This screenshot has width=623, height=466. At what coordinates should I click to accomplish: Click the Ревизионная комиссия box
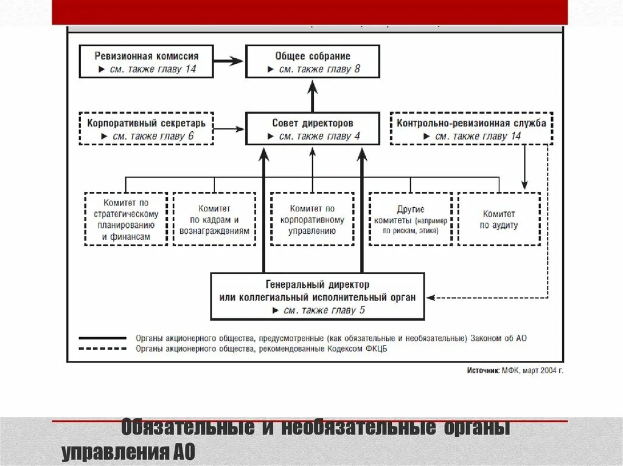click(146, 61)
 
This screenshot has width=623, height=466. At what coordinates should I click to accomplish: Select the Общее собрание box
click(313, 61)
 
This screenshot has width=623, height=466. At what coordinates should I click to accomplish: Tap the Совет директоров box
click(313, 128)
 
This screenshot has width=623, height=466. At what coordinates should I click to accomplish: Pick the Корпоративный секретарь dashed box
click(146, 128)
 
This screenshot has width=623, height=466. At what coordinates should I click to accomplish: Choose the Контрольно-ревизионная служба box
click(471, 128)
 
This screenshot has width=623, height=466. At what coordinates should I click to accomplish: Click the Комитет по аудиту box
click(499, 219)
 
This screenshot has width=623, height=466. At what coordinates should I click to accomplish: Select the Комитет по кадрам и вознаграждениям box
click(214, 219)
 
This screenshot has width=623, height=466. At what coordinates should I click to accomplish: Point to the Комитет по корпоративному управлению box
click(312, 219)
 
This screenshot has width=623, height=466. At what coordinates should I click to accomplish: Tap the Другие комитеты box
click(410, 219)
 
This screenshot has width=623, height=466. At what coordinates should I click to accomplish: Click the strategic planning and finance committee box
click(126, 219)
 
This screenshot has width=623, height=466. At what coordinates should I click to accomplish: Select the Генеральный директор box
click(317, 296)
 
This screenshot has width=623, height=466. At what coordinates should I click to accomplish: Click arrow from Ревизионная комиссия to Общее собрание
click(229, 61)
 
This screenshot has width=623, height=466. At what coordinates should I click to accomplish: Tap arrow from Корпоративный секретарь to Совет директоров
click(229, 129)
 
